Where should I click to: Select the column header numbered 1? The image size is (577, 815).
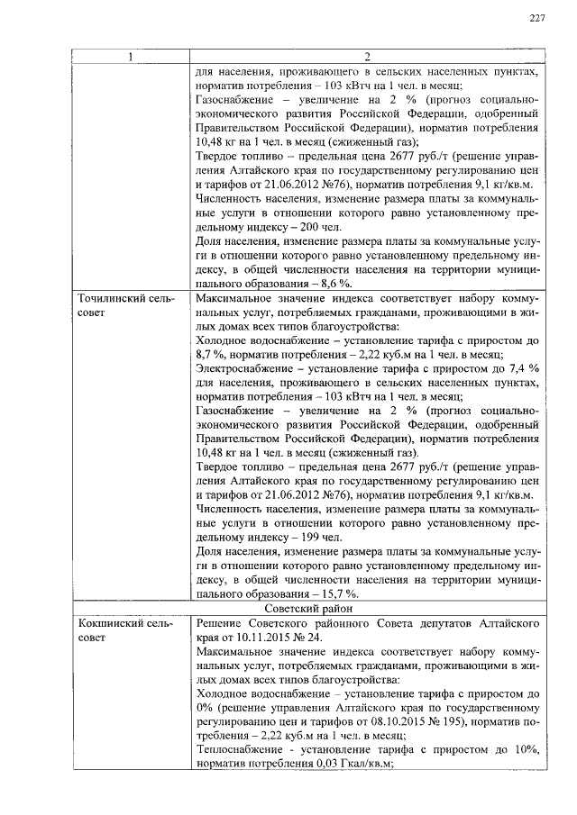pos(130,59)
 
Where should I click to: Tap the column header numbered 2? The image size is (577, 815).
pos(367,59)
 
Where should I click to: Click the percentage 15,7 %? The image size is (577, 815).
pos(343,593)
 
